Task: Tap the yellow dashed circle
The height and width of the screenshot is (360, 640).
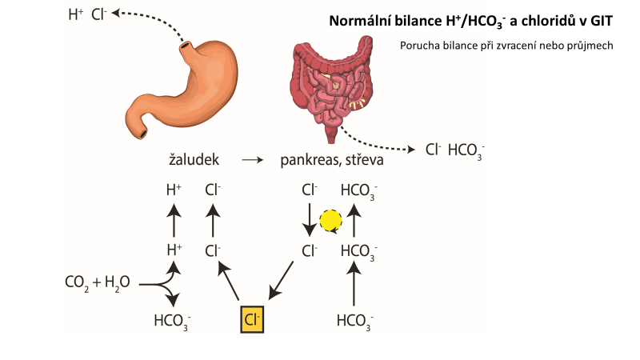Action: (x=330, y=221)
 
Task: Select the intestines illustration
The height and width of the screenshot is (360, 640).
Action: (x=333, y=83)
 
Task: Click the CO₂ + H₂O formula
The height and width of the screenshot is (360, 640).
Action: (x=97, y=282)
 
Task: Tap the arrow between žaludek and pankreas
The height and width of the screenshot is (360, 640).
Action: (x=252, y=160)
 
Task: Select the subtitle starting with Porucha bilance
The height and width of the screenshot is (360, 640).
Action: (x=506, y=46)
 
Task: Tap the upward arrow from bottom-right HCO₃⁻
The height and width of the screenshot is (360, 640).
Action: (x=355, y=286)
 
